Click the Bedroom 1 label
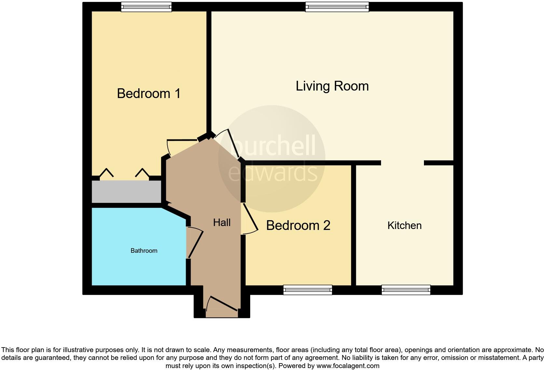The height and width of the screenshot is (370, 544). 149,94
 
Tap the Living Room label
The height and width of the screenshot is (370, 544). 332,86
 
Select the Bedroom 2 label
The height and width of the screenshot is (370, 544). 298,225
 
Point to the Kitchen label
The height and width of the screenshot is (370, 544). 404,225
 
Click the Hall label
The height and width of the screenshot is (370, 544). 222,222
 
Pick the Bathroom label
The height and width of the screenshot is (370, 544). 144,250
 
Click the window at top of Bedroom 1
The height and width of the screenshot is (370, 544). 146,7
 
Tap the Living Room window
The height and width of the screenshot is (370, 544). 337,7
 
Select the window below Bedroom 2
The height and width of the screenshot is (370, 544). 307,290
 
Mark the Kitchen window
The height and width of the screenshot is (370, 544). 406,290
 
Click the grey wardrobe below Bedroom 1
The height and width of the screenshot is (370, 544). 126,192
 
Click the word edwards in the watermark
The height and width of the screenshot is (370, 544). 273,173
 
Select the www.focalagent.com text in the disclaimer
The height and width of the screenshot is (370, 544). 347,366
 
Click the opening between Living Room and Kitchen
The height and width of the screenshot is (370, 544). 402,163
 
